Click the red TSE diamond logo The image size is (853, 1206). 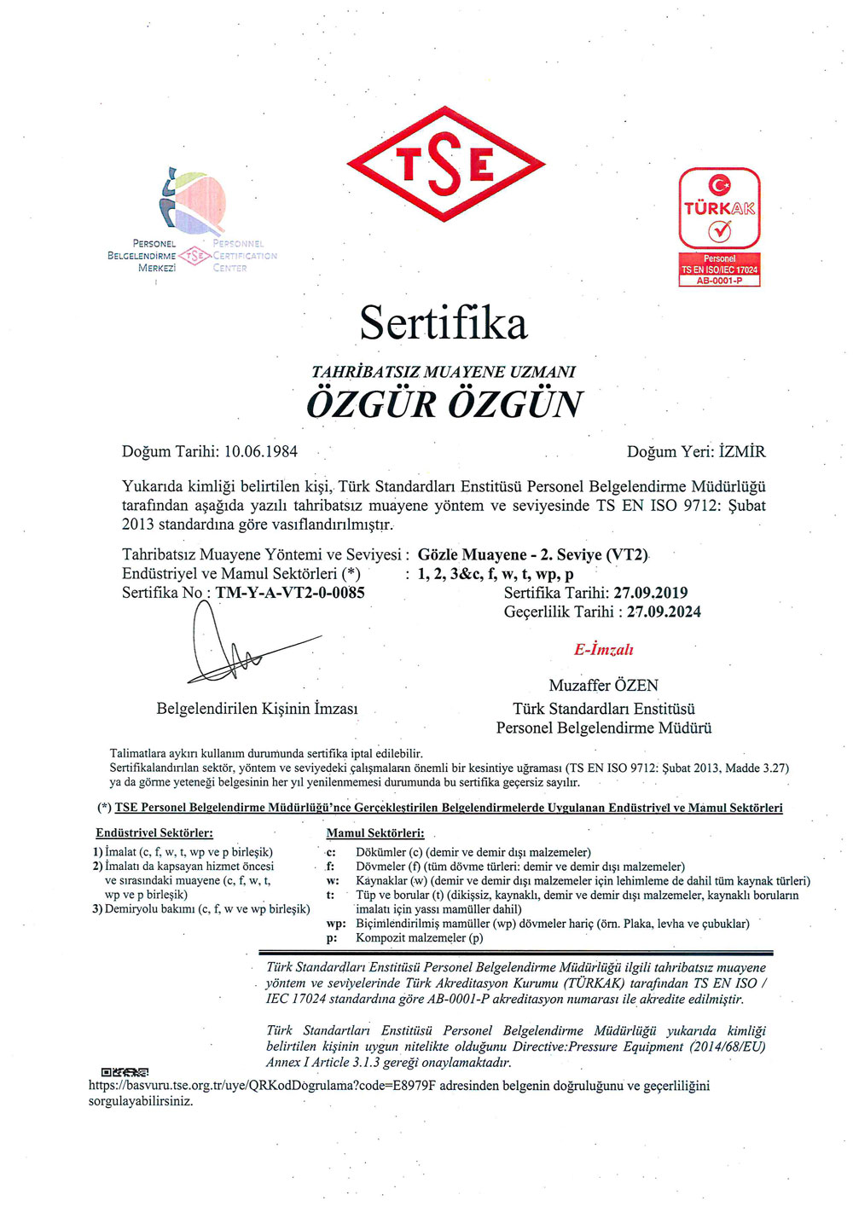point(446,164)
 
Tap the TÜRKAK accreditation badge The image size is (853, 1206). point(719,209)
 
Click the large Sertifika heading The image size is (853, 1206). point(444,323)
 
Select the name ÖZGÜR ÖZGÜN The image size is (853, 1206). point(444,403)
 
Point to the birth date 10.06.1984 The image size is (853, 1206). point(261,451)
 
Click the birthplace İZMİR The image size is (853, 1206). point(742,451)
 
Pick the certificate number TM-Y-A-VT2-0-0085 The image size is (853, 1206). point(290,593)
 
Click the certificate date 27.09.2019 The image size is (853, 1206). point(650,593)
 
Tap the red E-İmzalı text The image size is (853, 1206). point(603,650)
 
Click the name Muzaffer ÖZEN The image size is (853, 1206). point(603,686)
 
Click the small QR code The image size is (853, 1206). point(125,1072)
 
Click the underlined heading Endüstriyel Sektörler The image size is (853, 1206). point(154,832)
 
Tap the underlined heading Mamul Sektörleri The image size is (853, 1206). point(374,832)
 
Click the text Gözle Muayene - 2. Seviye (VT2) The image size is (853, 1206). point(533,555)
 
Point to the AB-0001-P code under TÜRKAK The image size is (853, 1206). point(719,281)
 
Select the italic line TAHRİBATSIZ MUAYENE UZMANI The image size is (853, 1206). point(444,372)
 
